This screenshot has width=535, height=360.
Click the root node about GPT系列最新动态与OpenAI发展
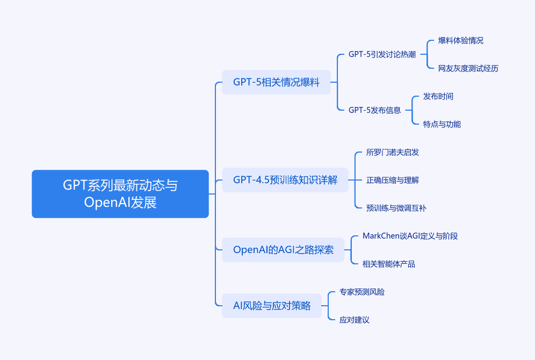[120, 194]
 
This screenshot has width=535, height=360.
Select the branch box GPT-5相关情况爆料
[277, 82]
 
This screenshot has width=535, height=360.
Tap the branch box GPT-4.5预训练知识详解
[285, 180]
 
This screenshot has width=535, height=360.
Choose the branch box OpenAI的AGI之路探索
[283, 250]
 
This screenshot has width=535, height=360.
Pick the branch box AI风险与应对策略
[272, 306]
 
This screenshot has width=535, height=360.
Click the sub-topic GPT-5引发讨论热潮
[382, 54]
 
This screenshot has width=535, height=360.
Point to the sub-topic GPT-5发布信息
[374, 110]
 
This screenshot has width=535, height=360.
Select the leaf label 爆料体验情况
[461, 41]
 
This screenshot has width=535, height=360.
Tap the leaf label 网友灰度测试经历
[468, 69]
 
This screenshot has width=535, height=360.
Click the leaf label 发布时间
[438, 97]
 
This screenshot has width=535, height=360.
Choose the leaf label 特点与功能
[442, 124]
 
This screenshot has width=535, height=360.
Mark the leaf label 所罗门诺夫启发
[392, 152]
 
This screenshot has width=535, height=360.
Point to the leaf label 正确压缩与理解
[392, 180]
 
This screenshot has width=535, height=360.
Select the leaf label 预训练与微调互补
[396, 208]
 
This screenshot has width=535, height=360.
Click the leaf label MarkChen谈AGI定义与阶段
[410, 236]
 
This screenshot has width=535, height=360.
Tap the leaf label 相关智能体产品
[388, 264]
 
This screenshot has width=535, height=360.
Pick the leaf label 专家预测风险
[362, 292]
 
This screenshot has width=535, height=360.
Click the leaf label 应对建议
[355, 320]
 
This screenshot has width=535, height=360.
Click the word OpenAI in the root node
[107, 203]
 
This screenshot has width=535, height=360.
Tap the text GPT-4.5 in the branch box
[251, 180]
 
